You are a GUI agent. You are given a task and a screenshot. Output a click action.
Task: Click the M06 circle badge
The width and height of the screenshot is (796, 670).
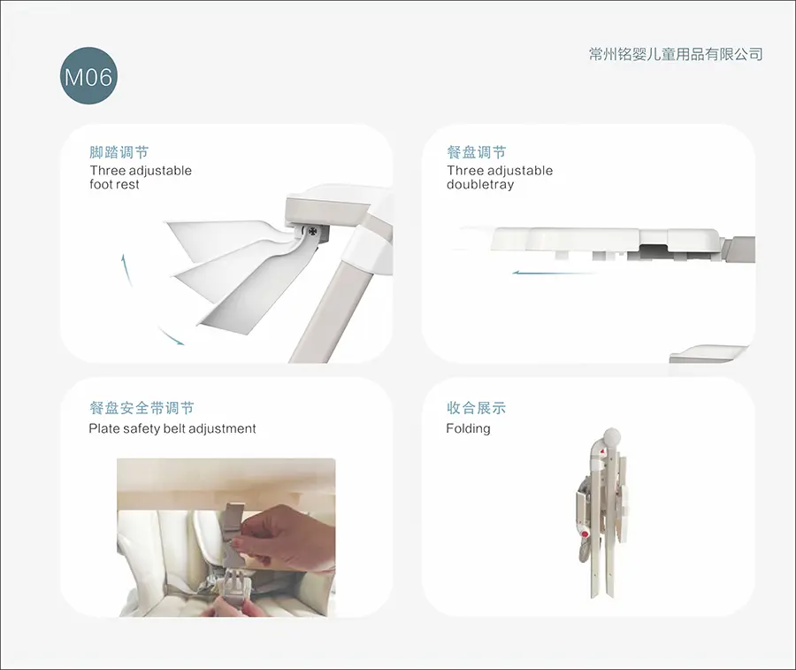click(x=88, y=76)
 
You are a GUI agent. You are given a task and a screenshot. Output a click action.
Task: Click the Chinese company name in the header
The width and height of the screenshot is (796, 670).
click(x=676, y=54)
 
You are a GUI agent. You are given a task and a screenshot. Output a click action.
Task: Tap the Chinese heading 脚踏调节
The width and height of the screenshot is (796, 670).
click(x=119, y=152)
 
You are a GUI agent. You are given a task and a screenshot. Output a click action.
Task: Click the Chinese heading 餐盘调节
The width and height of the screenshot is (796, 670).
click(x=477, y=152)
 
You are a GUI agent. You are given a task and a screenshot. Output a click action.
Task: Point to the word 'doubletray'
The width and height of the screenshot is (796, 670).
click(x=480, y=184)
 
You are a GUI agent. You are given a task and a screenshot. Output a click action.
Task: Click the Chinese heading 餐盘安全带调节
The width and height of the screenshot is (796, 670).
click(x=142, y=408)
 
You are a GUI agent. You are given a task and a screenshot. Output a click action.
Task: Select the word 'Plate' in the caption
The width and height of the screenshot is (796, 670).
click(x=103, y=428)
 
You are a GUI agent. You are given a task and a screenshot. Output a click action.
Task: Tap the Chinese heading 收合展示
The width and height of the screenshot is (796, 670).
click(x=476, y=408)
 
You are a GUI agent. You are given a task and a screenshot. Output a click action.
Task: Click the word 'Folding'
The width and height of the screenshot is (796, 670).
click(x=468, y=429)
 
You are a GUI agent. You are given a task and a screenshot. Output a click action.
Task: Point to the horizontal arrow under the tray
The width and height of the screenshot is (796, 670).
click(x=554, y=273)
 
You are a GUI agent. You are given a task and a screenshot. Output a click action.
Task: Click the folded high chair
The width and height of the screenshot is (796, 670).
click(x=602, y=513)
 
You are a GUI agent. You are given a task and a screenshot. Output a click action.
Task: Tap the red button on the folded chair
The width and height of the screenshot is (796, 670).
click(x=585, y=534)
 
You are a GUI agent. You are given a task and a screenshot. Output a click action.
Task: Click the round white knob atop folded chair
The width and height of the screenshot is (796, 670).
click(x=612, y=438)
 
